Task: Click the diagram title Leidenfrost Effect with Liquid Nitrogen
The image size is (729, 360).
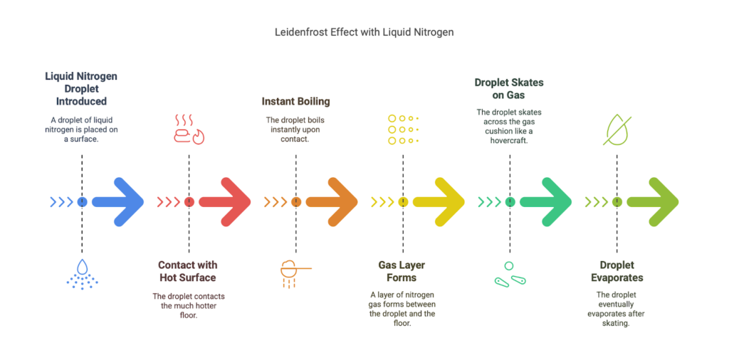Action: (364, 33)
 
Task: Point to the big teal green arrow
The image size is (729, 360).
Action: (546, 202)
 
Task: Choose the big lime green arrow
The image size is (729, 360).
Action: (653, 202)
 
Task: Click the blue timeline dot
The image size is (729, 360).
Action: (82, 202)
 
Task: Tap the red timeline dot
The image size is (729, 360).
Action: (189, 202)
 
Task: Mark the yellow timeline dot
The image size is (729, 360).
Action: (403, 202)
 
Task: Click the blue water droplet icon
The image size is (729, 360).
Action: (83, 274)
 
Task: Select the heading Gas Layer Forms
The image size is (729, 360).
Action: (402, 271)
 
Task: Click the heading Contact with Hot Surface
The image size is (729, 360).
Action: (187, 271)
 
